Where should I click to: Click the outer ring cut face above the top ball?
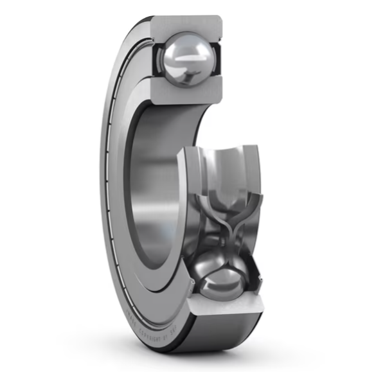coord(186,25)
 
